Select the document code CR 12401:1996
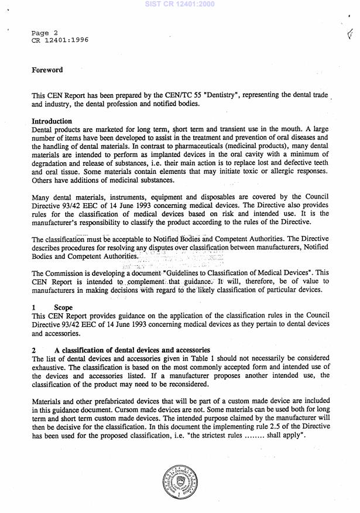pos(60,40)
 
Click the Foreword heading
pos(47,70)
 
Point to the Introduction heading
pos(52,121)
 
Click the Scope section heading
pos(63,306)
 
